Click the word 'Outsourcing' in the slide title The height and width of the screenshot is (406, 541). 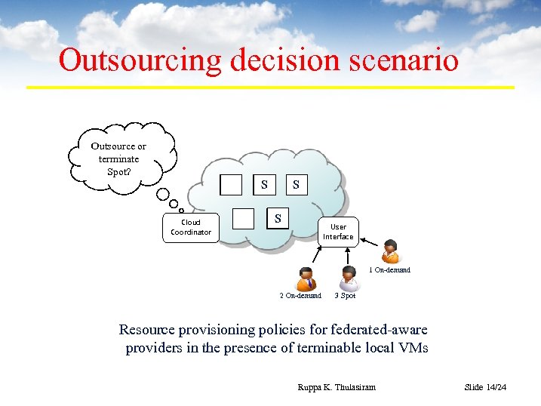click(140, 60)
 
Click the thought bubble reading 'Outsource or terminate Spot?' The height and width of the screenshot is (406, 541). click(119, 158)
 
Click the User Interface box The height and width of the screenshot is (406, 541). click(338, 232)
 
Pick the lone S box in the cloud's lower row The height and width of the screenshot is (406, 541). click(278, 218)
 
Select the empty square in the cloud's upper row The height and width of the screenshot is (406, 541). click(232, 185)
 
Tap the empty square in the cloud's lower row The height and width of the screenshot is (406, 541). click(243, 219)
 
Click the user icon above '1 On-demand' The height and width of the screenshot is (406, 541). click(390, 251)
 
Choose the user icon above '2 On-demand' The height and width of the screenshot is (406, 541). click(306, 278)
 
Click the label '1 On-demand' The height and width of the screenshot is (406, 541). click(389, 270)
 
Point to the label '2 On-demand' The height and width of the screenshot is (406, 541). click(300, 296)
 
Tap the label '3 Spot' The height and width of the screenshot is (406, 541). click(345, 296)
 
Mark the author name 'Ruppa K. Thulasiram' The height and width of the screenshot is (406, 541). click(337, 387)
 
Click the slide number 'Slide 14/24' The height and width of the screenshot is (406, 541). click(485, 387)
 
